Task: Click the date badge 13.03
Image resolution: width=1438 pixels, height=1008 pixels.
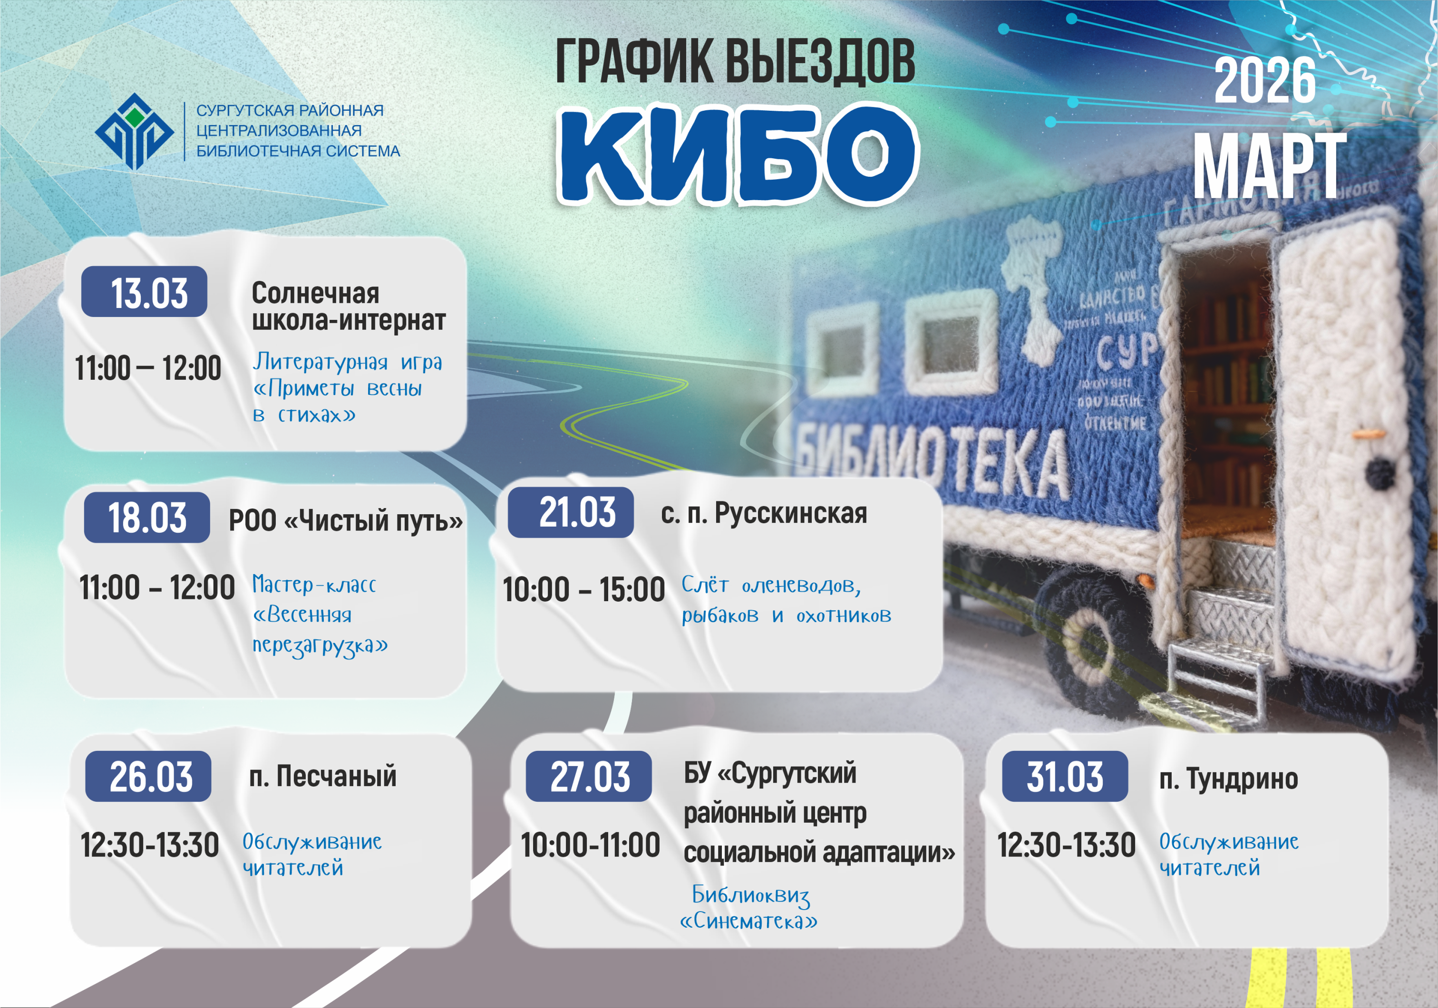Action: point(144,292)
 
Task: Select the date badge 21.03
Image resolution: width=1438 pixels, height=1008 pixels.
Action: point(571,512)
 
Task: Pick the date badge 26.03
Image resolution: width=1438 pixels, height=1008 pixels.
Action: point(148,777)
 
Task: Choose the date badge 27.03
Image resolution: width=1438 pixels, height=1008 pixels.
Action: point(589,777)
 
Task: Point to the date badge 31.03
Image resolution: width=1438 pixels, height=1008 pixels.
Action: point(1065,777)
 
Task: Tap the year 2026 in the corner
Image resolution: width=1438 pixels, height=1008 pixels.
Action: point(1264,81)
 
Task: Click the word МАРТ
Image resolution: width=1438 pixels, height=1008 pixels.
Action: point(1268,166)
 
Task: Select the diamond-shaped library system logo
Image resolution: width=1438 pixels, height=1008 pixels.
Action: point(134,132)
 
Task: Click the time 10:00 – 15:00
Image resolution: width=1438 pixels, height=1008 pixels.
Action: point(584,590)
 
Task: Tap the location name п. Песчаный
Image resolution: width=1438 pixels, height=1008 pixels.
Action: point(322,777)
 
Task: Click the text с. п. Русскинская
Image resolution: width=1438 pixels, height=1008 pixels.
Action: point(764,513)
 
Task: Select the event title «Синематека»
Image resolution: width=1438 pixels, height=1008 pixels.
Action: point(748,921)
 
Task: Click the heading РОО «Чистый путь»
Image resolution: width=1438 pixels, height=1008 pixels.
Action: point(345,520)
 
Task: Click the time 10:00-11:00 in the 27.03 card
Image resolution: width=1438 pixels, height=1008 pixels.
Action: point(590,845)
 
